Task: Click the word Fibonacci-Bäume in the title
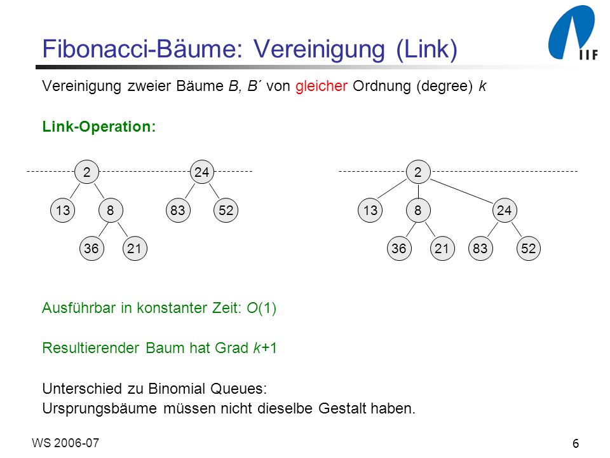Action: point(142,50)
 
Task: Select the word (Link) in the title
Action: point(427,50)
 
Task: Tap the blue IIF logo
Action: point(573,32)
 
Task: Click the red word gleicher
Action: point(322,86)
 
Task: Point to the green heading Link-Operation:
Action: point(99,127)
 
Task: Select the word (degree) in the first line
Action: point(444,86)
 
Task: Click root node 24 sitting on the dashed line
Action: point(202,172)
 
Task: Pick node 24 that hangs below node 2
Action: point(505,211)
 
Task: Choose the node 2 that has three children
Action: point(418,172)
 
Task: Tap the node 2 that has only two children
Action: point(87,172)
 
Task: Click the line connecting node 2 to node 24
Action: point(461,191)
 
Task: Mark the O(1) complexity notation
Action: point(261,308)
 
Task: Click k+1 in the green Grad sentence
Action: point(265,348)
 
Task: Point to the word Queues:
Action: point(238,389)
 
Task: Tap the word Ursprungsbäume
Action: point(99,408)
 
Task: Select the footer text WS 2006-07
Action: point(65,443)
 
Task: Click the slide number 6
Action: point(576,443)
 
